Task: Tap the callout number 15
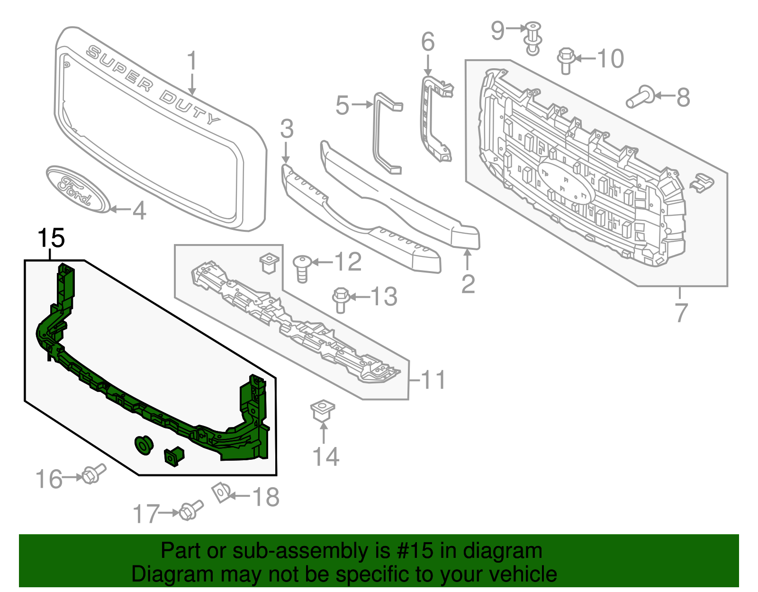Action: [x=51, y=238]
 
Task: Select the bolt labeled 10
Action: [x=566, y=61]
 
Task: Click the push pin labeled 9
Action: [x=533, y=37]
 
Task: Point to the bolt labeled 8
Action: [x=640, y=97]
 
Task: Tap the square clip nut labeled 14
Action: [x=323, y=410]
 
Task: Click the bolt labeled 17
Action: [x=191, y=510]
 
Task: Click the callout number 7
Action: [x=681, y=313]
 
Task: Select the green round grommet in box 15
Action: [x=144, y=445]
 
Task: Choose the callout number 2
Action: [x=468, y=284]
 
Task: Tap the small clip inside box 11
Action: [x=269, y=263]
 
